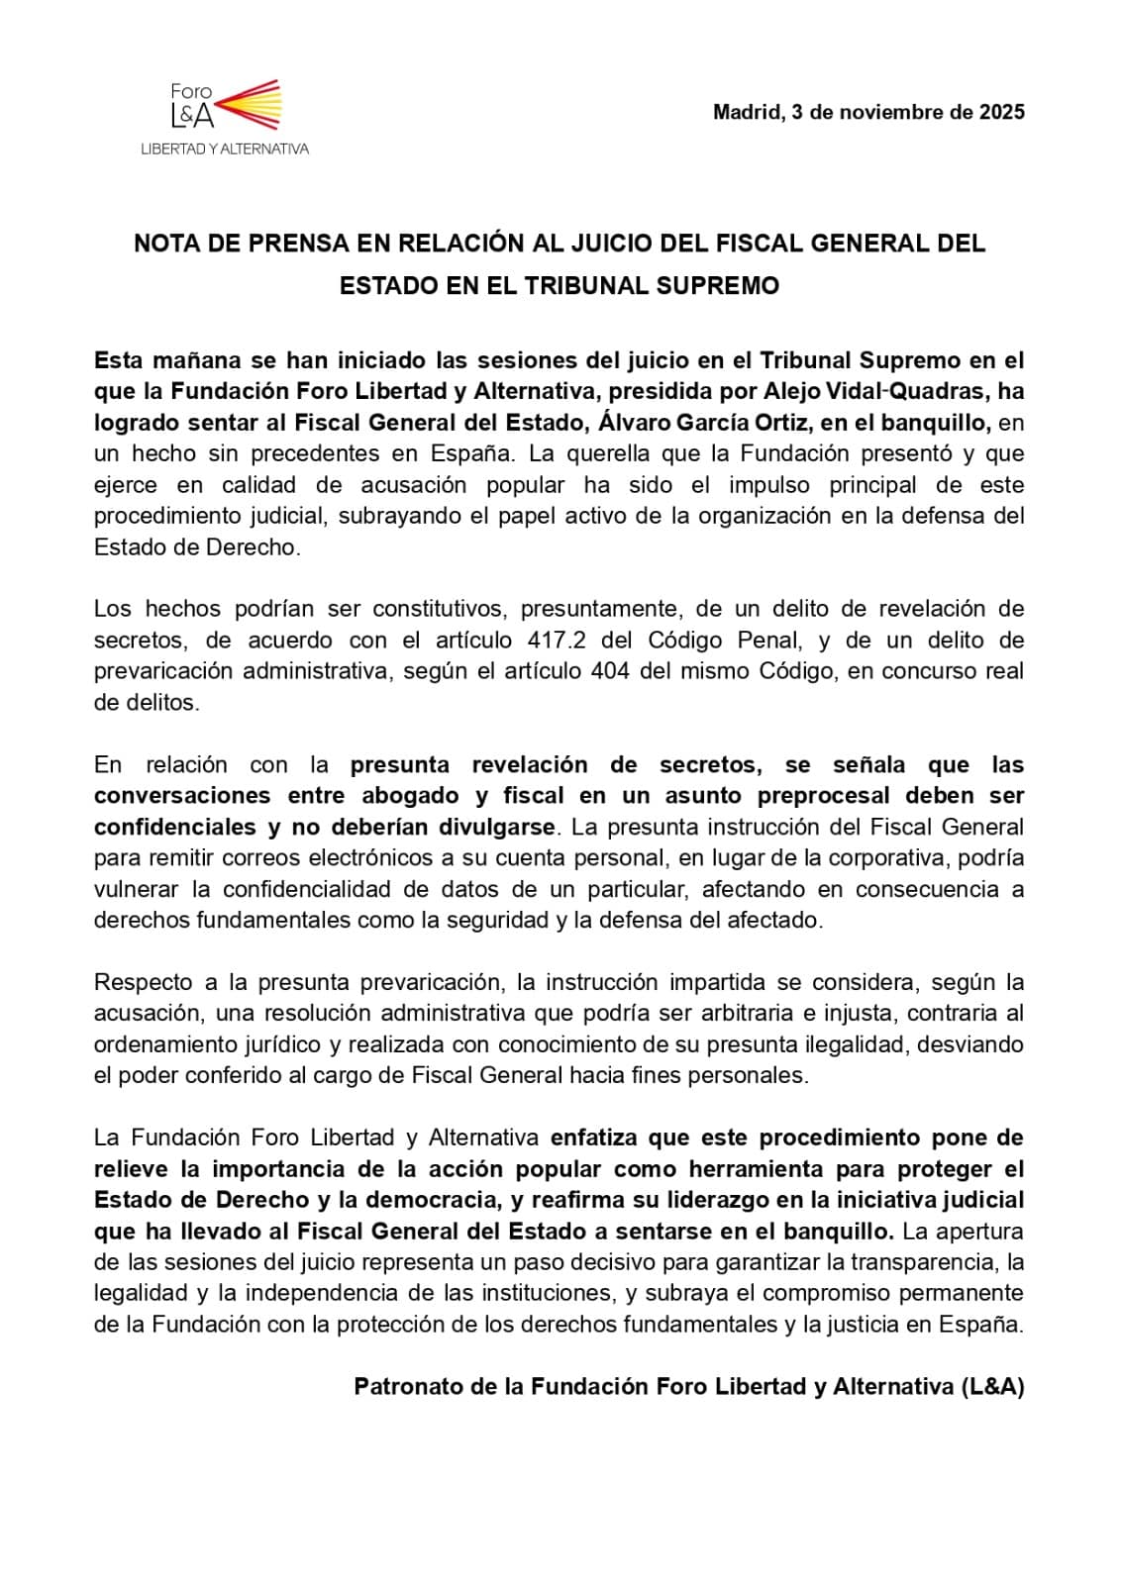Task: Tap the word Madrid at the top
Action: pyautogui.click(x=747, y=112)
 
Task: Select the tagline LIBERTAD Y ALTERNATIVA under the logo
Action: pyautogui.click(x=225, y=148)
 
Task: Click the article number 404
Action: pyautogui.click(x=611, y=671)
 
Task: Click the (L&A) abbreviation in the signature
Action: pyautogui.click(x=991, y=1386)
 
